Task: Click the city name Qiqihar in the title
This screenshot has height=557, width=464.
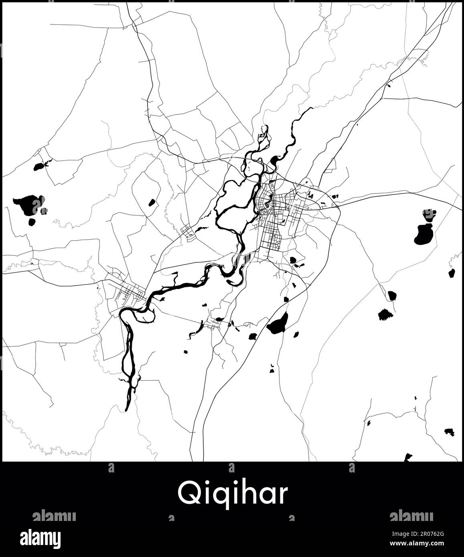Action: click(233, 494)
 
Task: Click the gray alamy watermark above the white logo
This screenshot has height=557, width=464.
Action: click(54, 516)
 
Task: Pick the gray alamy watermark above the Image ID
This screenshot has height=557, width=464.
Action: click(411, 516)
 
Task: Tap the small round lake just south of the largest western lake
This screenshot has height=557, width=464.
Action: click(31, 221)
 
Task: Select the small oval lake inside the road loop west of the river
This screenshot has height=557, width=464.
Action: click(152, 203)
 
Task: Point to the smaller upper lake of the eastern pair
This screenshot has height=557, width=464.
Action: click(429, 214)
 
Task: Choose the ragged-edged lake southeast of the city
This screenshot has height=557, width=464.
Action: click(385, 314)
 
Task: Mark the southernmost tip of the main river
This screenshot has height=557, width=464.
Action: click(127, 409)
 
